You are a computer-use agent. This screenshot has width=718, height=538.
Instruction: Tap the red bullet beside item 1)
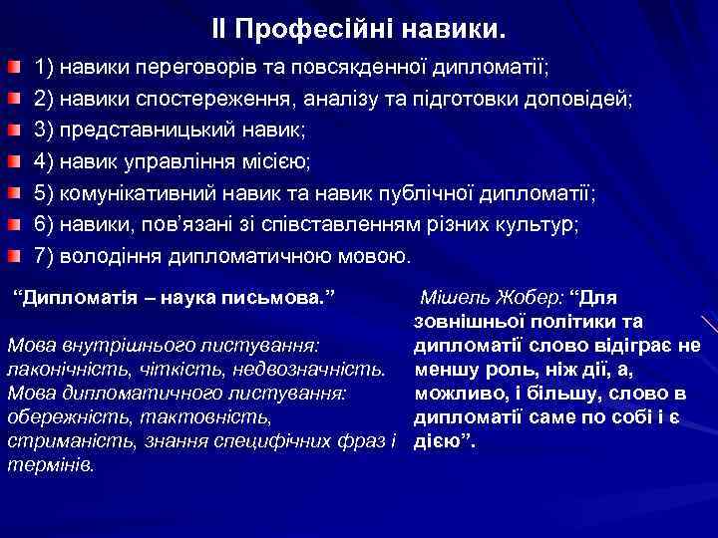click(x=10, y=69)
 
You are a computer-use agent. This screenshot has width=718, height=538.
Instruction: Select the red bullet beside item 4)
click(x=10, y=161)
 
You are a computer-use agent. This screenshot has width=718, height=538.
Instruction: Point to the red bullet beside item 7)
click(x=10, y=255)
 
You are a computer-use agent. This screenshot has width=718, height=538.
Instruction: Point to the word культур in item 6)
click(x=538, y=224)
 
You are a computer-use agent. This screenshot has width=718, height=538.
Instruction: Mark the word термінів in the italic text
click(x=50, y=464)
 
